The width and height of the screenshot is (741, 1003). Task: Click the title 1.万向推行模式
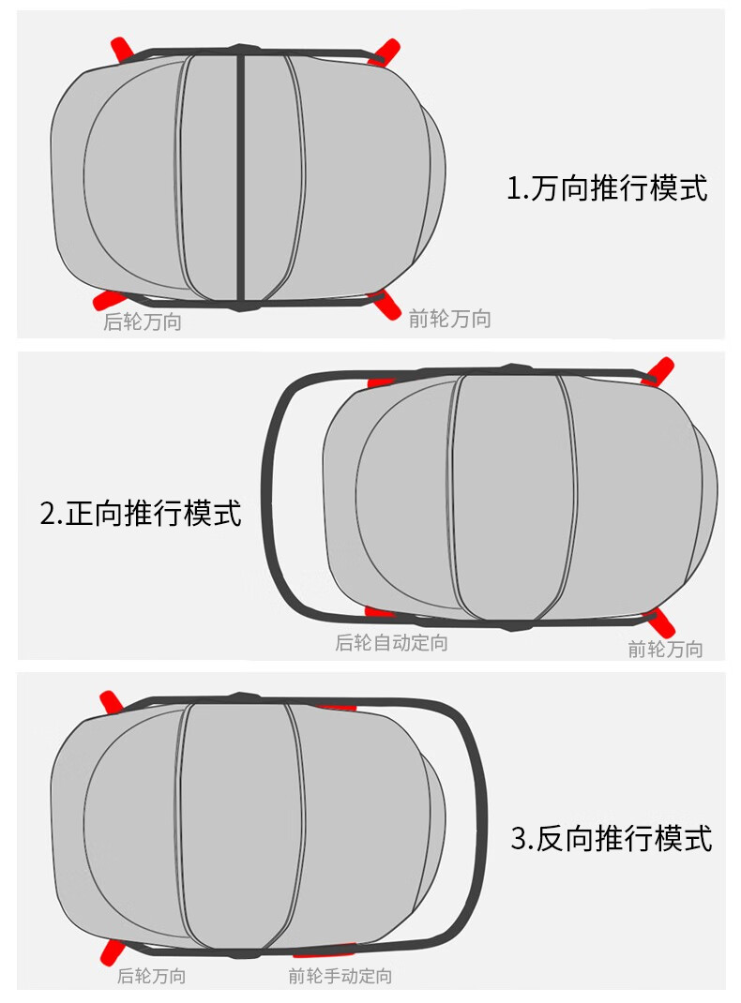click(x=607, y=188)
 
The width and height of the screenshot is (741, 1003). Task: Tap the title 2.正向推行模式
click(x=141, y=513)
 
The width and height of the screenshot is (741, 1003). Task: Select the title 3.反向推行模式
click(x=612, y=838)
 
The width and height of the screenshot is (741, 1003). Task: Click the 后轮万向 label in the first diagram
click(x=143, y=322)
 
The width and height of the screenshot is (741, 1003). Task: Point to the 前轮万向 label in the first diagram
click(x=450, y=318)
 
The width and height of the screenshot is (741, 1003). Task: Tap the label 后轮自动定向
click(x=392, y=642)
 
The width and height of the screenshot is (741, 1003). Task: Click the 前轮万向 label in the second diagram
click(x=665, y=649)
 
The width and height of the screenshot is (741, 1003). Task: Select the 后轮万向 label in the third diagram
click(x=152, y=976)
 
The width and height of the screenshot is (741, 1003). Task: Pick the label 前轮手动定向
click(x=340, y=976)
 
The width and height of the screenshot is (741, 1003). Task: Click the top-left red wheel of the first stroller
click(x=122, y=50)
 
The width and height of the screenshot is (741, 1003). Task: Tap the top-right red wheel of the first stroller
click(x=385, y=52)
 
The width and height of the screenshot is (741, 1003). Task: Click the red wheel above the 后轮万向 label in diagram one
click(x=106, y=299)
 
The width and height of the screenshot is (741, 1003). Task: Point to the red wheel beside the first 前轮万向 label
click(x=385, y=304)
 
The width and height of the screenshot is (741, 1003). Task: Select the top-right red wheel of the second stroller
click(x=658, y=370)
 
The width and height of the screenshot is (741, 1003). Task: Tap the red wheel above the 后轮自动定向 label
click(x=381, y=613)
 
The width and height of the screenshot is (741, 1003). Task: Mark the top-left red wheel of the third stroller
click(x=112, y=702)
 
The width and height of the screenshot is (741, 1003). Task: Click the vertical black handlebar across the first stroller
click(x=241, y=177)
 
